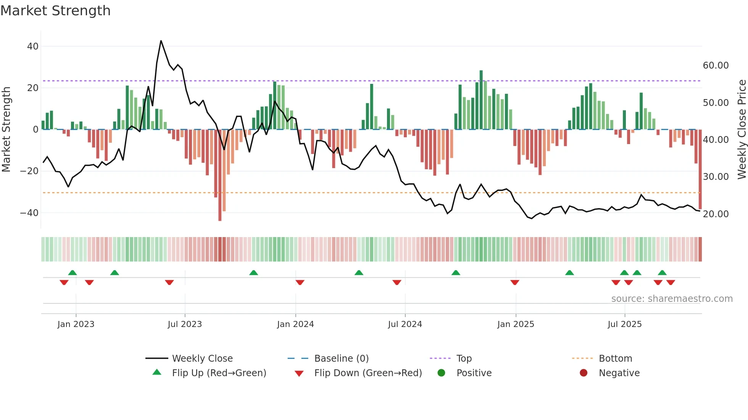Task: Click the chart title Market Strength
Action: pos(55,11)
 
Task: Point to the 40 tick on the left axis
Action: pos(33,46)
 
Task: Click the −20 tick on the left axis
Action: pos(29,171)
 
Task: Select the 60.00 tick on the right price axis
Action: pos(716,66)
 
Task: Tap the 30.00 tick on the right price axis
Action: pos(716,177)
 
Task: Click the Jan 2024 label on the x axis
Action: pos(295,324)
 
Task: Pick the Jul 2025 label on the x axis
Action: pos(624,324)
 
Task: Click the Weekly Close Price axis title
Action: pos(742,130)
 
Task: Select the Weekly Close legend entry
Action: pos(202,359)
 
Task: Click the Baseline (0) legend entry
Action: pos(341,359)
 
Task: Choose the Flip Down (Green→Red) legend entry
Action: pos(368,373)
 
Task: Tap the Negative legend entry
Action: pos(619,373)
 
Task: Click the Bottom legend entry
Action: pos(615,359)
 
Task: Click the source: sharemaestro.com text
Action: pos(672,299)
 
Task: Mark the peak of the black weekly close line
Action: pos(161,41)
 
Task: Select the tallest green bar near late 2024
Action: pos(481,99)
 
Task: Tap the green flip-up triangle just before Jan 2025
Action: pos(456,273)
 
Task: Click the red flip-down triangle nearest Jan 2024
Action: pos(300,282)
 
